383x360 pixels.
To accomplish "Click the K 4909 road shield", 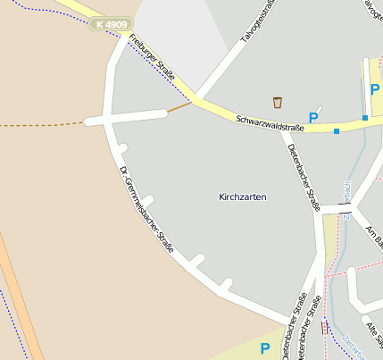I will tap(111, 24).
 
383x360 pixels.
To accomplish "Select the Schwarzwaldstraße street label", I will tap(271, 123).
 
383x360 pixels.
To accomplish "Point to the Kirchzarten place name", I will tap(243, 196).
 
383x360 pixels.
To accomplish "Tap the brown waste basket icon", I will tap(278, 103).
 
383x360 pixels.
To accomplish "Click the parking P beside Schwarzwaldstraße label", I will tap(313, 117).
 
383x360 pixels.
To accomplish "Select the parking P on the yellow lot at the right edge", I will tap(374, 89).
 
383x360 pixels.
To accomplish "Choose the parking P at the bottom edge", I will tap(264, 348).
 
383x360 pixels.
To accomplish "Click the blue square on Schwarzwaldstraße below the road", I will tap(336, 132).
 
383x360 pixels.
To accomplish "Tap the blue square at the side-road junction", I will tap(365, 118).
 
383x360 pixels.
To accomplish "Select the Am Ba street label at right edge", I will tap(374, 237).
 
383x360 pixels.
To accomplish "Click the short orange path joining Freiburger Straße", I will tap(179, 108).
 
